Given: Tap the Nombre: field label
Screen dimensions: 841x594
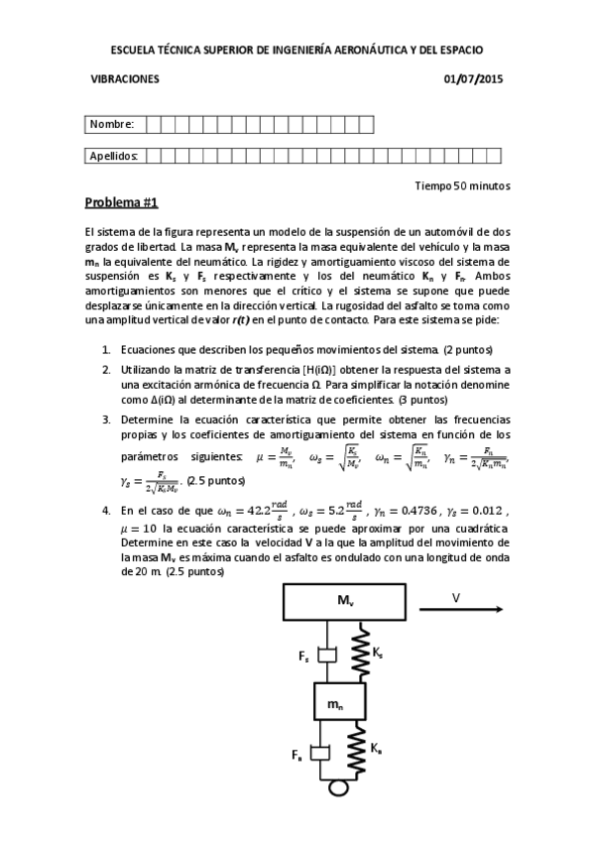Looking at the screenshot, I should point(112,124).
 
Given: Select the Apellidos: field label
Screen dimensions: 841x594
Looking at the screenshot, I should point(114,156).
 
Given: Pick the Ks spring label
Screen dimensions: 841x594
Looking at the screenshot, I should point(381,651).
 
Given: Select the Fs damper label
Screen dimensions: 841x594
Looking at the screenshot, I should point(303,657).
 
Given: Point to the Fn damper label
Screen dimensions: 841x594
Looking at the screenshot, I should point(297,756).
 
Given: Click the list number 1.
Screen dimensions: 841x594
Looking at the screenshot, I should point(107,350).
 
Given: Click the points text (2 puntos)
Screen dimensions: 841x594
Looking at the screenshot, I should point(468,350).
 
